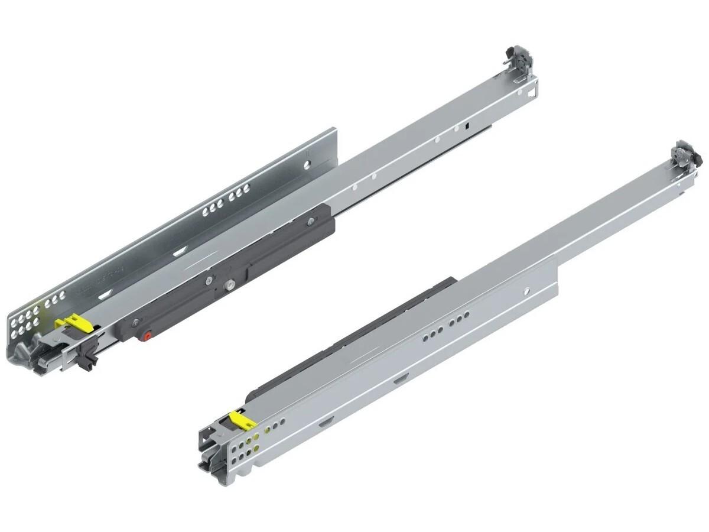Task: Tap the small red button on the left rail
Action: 146,336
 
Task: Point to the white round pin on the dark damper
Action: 228,287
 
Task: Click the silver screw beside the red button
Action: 136,322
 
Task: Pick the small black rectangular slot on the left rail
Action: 466,125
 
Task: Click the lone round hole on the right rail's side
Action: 525,291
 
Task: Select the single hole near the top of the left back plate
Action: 307,164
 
